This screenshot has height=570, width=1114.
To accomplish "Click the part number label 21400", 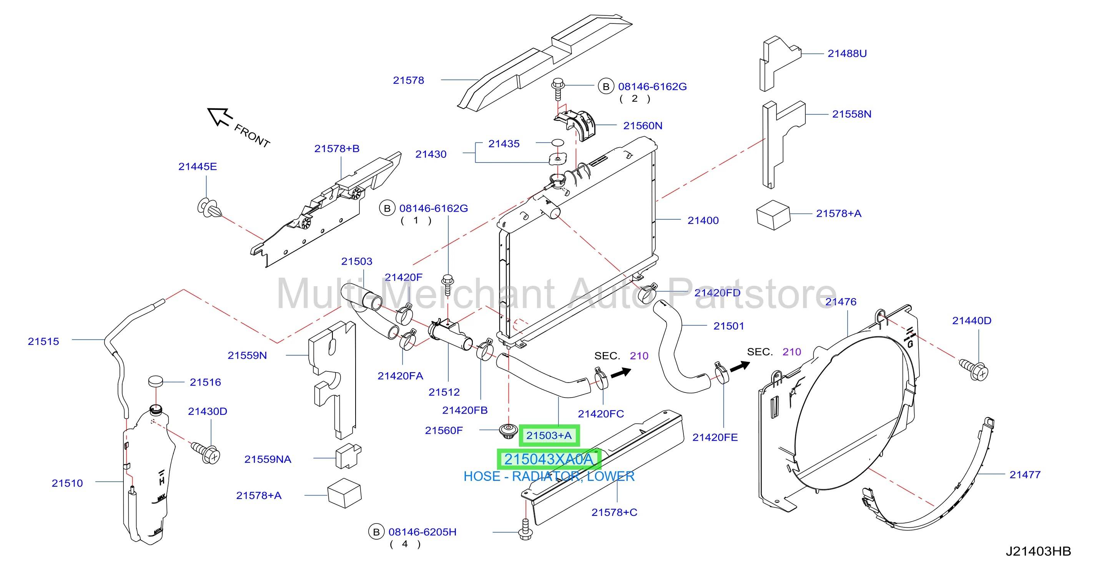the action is [x=703, y=220].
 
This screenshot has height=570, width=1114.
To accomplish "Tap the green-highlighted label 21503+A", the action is [x=549, y=436].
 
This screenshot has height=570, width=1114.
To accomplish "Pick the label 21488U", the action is [x=847, y=54].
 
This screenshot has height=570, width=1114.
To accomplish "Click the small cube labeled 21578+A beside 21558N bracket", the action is [x=773, y=215].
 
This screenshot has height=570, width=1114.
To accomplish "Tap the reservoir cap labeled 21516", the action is [x=155, y=381].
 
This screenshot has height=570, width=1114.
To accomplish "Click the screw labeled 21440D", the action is [x=974, y=370].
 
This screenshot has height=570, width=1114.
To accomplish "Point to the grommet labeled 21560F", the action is [x=508, y=431].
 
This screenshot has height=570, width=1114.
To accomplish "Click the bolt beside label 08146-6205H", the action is [x=525, y=529].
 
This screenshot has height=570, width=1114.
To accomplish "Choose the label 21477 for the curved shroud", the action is [x=1024, y=474].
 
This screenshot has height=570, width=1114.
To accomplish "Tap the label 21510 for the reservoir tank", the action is [x=67, y=483].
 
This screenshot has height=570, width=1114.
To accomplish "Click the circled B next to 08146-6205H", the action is [x=376, y=532].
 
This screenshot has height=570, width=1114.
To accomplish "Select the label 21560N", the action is [x=642, y=126].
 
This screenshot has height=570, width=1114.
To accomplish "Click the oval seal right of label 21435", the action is [x=558, y=142].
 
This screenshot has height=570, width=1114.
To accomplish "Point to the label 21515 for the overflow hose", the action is [x=43, y=341].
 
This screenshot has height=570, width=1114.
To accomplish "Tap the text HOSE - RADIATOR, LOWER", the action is [x=549, y=476].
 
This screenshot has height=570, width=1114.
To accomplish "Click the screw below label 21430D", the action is [x=206, y=452].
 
